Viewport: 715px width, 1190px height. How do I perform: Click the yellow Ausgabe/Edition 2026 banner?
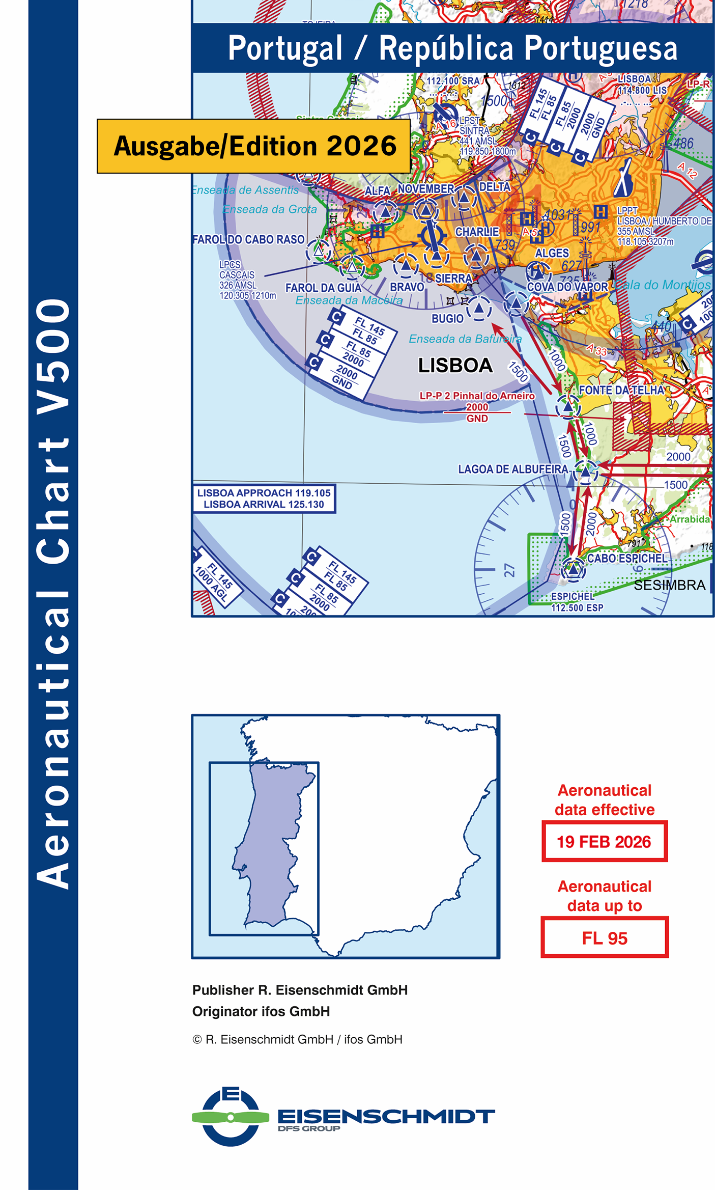[x=253, y=146]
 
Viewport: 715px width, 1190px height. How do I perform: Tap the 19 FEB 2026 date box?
[x=604, y=842]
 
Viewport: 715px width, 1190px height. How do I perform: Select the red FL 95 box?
[x=604, y=938]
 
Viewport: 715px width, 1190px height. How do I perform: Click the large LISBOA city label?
[x=455, y=366]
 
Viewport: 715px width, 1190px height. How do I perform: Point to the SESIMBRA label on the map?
[x=669, y=586]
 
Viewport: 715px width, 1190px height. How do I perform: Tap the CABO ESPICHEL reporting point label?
[x=626, y=559]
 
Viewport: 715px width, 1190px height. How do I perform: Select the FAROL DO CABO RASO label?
[x=248, y=239]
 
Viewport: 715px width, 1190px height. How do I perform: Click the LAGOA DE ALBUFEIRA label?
[x=512, y=469]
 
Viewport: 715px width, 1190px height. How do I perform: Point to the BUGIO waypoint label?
[x=447, y=319]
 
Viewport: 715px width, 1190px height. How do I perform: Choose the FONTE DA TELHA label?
[x=621, y=390]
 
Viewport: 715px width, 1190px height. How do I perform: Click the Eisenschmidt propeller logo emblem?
[x=231, y=1117]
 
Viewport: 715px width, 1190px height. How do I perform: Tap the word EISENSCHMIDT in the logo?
[x=386, y=1117]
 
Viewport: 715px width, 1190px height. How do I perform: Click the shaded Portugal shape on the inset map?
[x=267, y=845]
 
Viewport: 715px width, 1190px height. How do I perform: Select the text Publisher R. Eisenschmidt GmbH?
[x=300, y=990]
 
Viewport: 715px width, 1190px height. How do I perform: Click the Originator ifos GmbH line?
[x=261, y=1011]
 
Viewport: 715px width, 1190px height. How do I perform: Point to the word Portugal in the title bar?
[x=285, y=48]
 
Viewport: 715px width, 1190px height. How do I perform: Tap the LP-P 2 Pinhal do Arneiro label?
[x=477, y=396]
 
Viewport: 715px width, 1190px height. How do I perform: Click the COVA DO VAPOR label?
[x=567, y=287]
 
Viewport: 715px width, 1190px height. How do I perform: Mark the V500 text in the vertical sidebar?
[x=53, y=346]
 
